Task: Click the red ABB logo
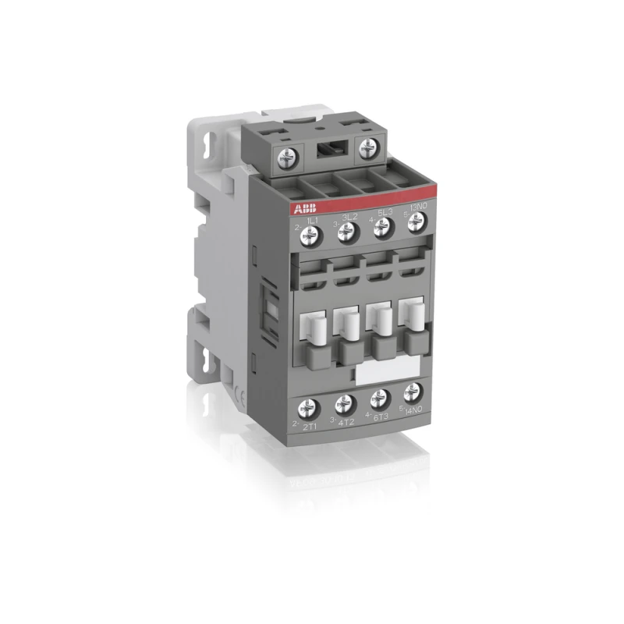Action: coord(304,208)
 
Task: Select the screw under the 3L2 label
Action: coord(348,229)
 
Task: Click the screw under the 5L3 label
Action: coord(381,227)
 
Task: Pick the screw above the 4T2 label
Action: coord(343,404)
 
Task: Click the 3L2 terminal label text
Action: coord(349,216)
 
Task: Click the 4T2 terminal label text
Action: coord(346,420)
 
